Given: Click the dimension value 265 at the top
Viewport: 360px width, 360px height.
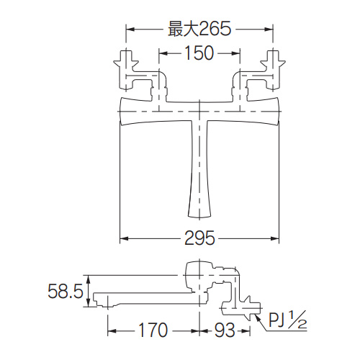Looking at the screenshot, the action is [215, 29].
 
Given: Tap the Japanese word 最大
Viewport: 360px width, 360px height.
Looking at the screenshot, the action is [184, 29].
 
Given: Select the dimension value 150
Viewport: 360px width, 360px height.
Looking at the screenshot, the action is [199, 53].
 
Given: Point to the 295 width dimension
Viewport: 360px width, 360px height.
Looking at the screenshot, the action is [199, 238].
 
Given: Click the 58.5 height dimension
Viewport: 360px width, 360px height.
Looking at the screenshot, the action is [66, 291].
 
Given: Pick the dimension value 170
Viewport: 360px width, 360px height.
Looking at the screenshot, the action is [153, 330].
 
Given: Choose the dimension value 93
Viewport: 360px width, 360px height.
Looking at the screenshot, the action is [225, 330].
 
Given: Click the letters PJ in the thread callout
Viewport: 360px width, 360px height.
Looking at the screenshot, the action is [277, 320].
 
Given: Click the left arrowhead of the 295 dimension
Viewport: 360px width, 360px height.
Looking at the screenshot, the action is [124, 238].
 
